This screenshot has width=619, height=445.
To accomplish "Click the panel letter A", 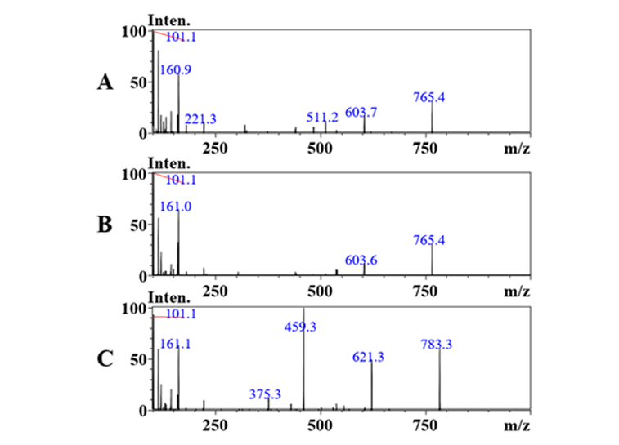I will pyautogui.click(x=105, y=82).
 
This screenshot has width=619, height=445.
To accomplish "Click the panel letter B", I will pyautogui.click(x=105, y=225).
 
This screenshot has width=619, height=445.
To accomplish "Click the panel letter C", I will pyautogui.click(x=105, y=358).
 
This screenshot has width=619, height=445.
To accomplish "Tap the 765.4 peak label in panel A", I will pyautogui.click(x=429, y=98).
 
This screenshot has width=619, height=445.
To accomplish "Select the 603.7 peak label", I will pyautogui.click(x=361, y=113).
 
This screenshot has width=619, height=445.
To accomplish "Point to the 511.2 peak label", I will pyautogui.click(x=322, y=118).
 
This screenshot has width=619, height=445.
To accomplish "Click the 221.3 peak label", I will pyautogui.click(x=200, y=120).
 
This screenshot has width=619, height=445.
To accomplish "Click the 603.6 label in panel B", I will pyautogui.click(x=361, y=260).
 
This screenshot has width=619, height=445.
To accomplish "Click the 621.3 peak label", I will pyautogui.click(x=368, y=358).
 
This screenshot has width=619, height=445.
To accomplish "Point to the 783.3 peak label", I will pyautogui.click(x=436, y=345).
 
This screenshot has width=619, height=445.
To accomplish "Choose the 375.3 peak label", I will pyautogui.click(x=265, y=394).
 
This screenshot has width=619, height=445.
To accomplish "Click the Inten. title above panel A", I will pyautogui.click(x=167, y=19).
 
